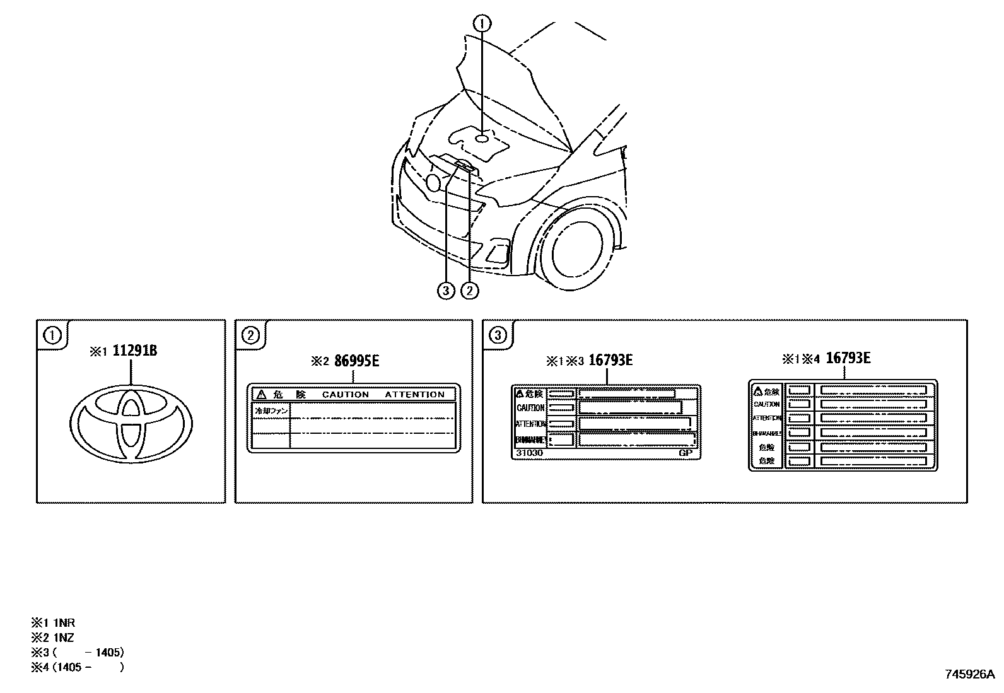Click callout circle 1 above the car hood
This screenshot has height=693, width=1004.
[x=482, y=24]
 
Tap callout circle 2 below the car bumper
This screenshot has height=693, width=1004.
[x=470, y=290]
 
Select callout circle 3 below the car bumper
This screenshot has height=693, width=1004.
[x=446, y=290]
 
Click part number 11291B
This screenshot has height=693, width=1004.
[x=134, y=351]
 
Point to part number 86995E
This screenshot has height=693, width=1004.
[x=356, y=361]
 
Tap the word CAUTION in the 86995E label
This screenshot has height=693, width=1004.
[x=345, y=395]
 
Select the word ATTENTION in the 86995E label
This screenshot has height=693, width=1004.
[x=414, y=395]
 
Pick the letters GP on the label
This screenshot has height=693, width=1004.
[x=686, y=453]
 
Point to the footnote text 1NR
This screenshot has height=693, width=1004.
[x=64, y=623]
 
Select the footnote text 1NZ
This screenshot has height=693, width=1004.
[x=63, y=638]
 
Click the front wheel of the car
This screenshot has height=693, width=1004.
[x=579, y=251]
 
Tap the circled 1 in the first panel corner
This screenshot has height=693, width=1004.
[x=52, y=335]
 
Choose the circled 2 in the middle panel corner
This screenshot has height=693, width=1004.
[x=250, y=335]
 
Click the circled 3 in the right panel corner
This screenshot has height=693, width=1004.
[x=498, y=335]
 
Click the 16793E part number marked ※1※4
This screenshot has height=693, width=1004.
[x=848, y=358]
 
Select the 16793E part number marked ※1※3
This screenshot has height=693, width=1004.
[x=610, y=360]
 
